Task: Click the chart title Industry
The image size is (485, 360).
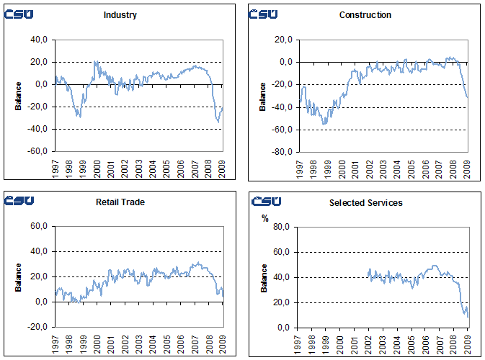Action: (x=121, y=15)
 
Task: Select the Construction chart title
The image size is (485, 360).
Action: (x=365, y=15)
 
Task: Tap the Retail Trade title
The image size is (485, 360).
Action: (x=121, y=202)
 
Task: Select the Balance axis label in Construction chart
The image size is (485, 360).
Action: (x=263, y=96)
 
